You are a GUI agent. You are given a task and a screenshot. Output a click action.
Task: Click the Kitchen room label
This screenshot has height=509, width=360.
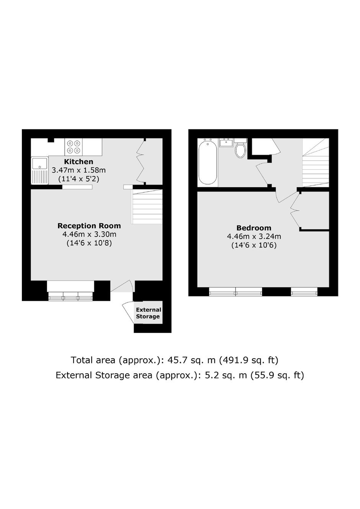tap(79, 162)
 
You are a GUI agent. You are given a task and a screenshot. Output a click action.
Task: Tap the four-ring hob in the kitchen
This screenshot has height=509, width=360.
tap(74, 147)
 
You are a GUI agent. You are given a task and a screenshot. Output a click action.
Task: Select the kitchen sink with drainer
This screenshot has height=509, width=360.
tap(40, 170)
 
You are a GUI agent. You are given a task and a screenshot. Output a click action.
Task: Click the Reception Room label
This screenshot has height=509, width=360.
tap(89, 226)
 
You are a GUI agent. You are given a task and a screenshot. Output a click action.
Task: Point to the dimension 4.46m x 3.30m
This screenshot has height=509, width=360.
tap(89, 234)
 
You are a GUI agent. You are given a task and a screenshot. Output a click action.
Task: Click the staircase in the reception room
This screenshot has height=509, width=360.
tap(147, 207)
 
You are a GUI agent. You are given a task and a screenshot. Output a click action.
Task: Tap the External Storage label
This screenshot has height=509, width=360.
tap(149, 313)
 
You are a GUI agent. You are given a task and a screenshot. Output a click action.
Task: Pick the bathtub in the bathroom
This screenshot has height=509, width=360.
tap(208, 162)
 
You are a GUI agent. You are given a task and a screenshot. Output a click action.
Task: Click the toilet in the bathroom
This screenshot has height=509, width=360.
tap(240, 148)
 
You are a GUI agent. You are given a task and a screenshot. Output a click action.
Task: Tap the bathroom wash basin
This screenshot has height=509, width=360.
tap(226, 142)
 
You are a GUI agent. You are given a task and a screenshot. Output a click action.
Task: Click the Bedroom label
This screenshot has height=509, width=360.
tap(254, 227)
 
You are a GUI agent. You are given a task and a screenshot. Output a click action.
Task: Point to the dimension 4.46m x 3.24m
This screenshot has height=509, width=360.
tap(254, 236)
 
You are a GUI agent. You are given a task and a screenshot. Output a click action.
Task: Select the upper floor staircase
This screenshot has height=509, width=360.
tap(316, 162)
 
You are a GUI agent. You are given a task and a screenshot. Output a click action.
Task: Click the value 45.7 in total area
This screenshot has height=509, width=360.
tap(176, 360)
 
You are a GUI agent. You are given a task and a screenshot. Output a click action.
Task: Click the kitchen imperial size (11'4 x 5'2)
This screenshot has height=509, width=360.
tap(79, 179)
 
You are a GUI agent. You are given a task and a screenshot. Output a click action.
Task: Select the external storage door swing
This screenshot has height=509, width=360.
tap(128, 313)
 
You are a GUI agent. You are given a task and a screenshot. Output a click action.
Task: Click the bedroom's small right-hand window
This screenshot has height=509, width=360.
tap(304, 291)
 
